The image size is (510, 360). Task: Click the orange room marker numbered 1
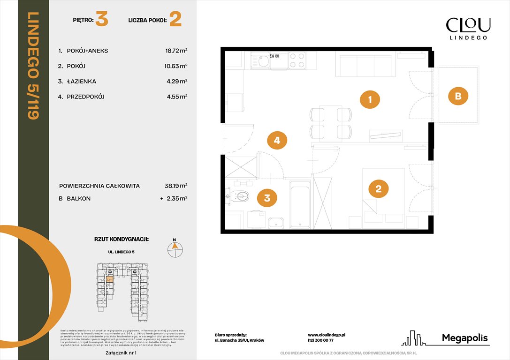[x=370, y=99]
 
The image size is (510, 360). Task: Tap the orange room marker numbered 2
[x=379, y=189]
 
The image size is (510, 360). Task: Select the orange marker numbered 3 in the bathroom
[x=267, y=198]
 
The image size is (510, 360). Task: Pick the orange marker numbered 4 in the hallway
[x=277, y=140]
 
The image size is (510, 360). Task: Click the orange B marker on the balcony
[x=458, y=96]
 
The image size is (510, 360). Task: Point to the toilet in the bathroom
[x=240, y=196]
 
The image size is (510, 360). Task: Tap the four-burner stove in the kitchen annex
[x=297, y=60]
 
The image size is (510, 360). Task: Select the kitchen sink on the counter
[x=259, y=61]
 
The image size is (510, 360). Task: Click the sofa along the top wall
[x=364, y=65]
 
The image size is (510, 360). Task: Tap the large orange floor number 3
[x=102, y=20]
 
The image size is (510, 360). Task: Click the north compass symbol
[x=175, y=248]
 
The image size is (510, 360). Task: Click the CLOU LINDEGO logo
[x=468, y=28]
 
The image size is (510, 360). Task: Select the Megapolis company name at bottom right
[x=464, y=338]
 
